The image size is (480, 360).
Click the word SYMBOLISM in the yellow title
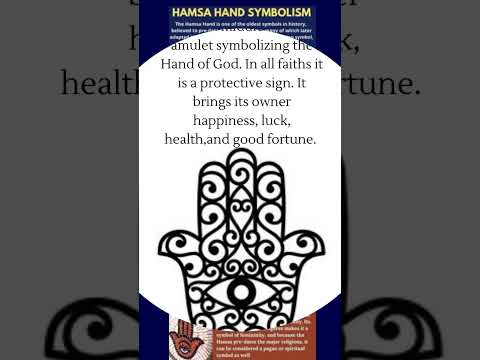(x=273, y=12)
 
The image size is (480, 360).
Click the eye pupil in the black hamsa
(x=240, y=292)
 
